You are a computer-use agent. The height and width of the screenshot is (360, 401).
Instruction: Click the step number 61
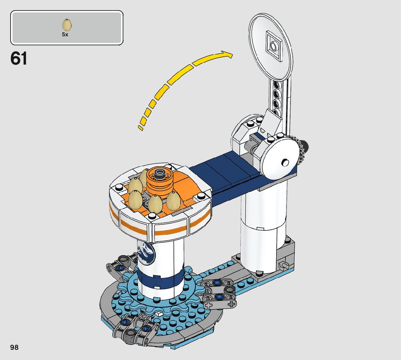pyautogui.click(x=18, y=58)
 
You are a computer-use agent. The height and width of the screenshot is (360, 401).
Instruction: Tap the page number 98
pyautogui.click(x=15, y=347)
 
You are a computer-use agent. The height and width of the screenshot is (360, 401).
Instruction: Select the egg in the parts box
pyautogui.click(x=67, y=25)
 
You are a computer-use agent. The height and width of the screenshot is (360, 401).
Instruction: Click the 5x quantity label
pyautogui.click(x=65, y=34)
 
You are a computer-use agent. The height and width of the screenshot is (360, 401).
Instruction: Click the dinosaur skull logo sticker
pyautogui.click(x=146, y=252)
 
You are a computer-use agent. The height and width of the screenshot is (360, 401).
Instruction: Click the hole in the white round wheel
pyautogui.click(x=285, y=163)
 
